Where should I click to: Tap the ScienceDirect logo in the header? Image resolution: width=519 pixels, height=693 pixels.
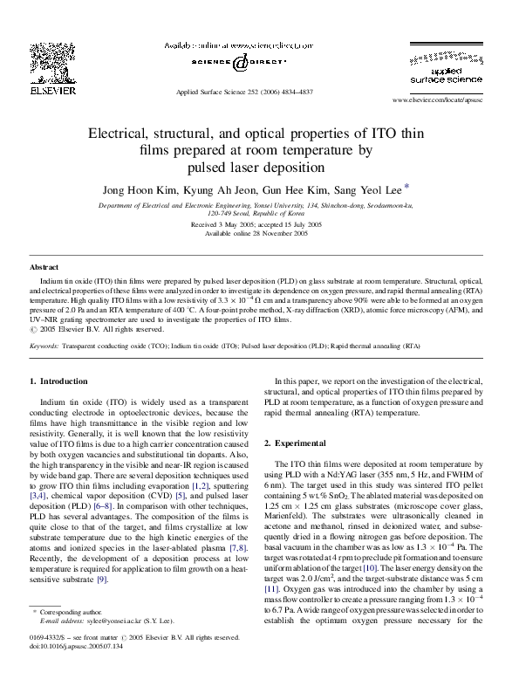pos(233,64)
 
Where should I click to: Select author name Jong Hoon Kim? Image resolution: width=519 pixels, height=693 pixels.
pos(137,189)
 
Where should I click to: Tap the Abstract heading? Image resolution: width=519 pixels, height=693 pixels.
pos(44,266)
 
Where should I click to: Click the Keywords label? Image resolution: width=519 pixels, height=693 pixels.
pos(44,346)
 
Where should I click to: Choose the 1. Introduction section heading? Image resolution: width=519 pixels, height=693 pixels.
pos(59,381)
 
